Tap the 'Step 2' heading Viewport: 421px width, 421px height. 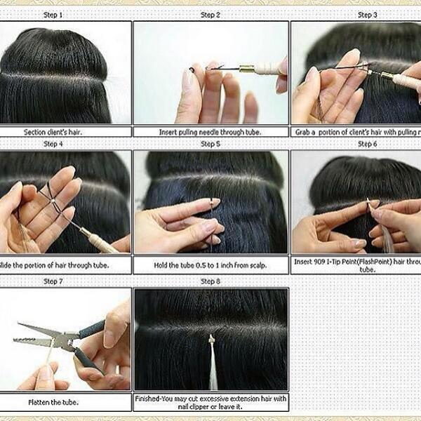click(210, 15)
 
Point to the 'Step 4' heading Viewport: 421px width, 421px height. click(52, 144)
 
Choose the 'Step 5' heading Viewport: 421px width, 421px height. click(210, 144)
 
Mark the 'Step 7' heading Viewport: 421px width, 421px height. click(52, 281)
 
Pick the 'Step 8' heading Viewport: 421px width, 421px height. click(210, 281)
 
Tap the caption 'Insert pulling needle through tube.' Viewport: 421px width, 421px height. click(210, 131)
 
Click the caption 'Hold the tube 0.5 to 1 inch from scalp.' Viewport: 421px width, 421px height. click(210, 266)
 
